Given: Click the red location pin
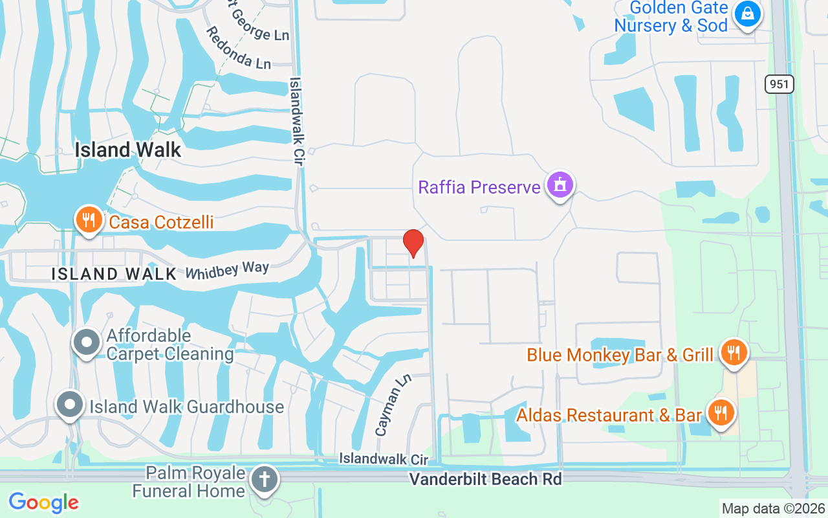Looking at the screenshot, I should (413, 243).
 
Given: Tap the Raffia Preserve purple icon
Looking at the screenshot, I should (560, 185).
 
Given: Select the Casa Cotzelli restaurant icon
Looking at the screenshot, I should (89, 220).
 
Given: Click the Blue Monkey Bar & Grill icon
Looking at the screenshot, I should (733, 353).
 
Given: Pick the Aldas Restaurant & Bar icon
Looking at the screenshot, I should (719, 412).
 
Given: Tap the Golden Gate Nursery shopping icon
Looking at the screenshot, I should (748, 14).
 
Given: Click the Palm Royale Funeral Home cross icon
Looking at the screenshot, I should (265, 480).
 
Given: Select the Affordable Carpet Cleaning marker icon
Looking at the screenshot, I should (87, 343).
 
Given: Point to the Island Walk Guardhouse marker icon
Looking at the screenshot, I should (70, 405).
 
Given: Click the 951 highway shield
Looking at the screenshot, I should (779, 84).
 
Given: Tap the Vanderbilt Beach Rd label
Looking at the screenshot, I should (485, 479).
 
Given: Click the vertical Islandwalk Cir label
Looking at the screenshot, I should (296, 121).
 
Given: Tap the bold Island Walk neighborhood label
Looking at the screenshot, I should (128, 150).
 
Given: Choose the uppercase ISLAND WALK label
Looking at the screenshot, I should (114, 274).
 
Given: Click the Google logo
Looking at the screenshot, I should (44, 502).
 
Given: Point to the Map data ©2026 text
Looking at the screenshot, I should (774, 508).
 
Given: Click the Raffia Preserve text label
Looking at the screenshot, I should (479, 188).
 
